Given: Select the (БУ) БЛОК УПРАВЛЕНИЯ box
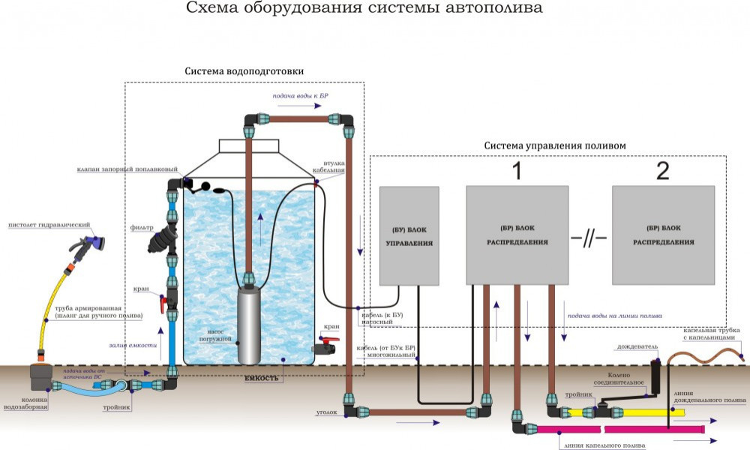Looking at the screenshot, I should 409,235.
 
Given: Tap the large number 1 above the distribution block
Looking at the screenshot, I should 516,171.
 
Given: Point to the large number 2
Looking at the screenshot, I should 662,171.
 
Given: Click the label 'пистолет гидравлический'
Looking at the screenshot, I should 49,224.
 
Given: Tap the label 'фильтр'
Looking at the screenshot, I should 141,227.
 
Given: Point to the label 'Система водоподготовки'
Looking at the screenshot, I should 244,71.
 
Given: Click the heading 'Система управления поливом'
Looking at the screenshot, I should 554,145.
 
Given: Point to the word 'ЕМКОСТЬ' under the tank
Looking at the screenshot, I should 262,378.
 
